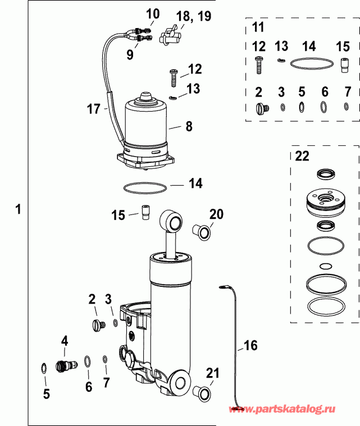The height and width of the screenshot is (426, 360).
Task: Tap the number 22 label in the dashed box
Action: coord(302,157)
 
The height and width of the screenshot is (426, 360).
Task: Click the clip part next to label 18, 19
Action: coord(169,37)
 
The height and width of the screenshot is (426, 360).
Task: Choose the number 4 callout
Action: coord(65,340)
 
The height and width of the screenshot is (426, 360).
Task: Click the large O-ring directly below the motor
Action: coord(144,187)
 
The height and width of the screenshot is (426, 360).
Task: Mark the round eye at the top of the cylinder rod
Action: coord(171,220)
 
